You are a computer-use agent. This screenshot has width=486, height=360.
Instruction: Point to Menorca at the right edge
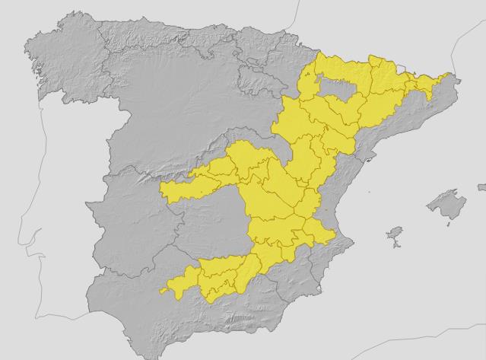[481, 186]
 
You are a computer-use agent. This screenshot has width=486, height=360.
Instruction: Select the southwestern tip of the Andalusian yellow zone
[162, 291]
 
